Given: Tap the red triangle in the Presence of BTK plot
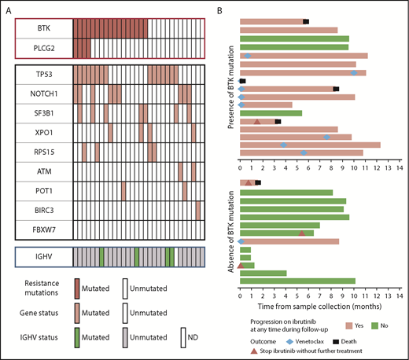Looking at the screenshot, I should coord(258,121).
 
